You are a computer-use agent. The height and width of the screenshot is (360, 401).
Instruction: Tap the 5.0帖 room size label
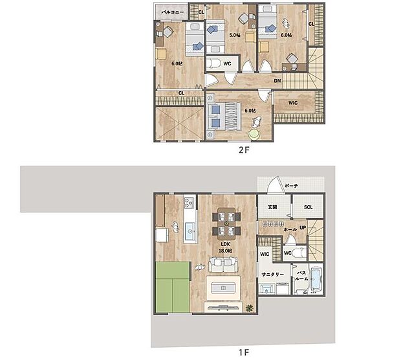[x=234, y=35]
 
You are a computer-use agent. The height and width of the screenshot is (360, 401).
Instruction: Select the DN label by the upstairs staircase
[x=277, y=80]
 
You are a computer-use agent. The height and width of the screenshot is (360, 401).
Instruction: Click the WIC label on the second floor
[x=292, y=101]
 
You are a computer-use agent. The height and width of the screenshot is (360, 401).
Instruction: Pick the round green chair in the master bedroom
[x=255, y=133]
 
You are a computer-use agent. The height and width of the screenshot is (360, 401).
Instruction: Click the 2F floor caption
[x=243, y=148]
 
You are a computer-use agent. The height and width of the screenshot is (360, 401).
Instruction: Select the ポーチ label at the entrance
[x=291, y=186]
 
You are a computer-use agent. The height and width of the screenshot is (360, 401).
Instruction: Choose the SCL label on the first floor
[x=307, y=207]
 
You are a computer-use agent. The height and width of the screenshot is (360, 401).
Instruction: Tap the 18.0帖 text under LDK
[x=224, y=250]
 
